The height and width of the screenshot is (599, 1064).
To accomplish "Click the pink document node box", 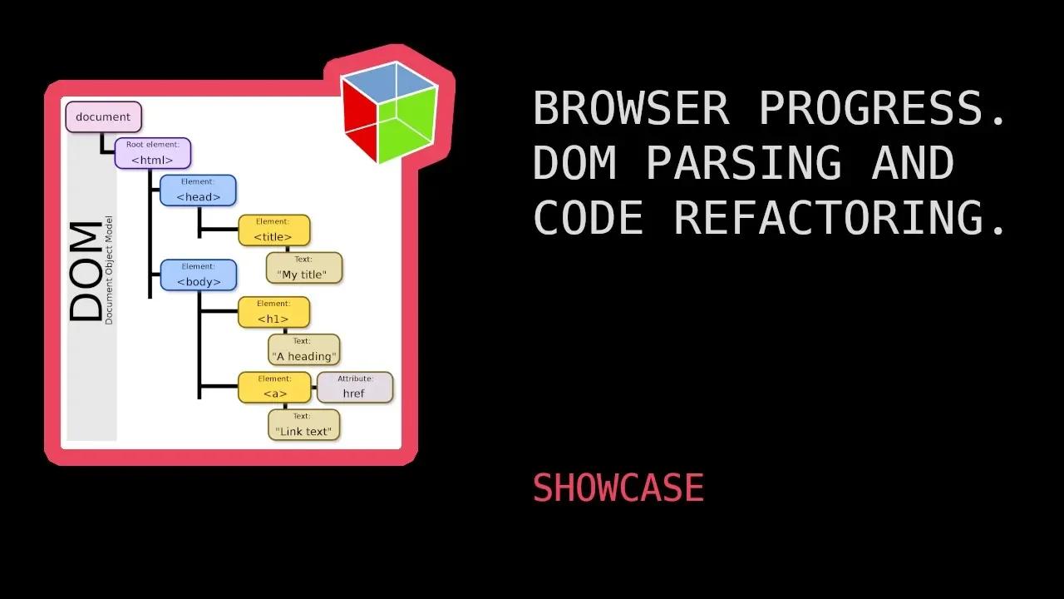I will (103, 116).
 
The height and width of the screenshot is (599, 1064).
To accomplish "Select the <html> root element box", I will (152, 153).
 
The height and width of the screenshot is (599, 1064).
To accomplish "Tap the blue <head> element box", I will (198, 191).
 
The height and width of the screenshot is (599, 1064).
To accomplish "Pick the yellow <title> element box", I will (273, 230).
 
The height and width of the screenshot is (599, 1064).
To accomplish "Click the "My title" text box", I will (303, 268).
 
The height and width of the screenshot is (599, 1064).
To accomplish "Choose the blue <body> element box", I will (198, 275).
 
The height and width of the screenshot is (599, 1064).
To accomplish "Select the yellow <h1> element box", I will (273, 312).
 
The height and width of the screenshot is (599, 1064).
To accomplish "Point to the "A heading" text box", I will (303, 349).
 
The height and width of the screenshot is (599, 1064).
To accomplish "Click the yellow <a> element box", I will (274, 387).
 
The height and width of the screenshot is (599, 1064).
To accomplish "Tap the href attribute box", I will (355, 387).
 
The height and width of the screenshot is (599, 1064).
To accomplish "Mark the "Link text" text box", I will (303, 424).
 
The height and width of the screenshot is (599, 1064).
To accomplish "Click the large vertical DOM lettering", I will (86, 271).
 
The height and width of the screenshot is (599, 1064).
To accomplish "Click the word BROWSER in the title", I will (631, 108).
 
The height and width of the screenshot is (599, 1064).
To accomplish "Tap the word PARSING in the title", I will (743, 163).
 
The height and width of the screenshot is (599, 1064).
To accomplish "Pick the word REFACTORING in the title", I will (840, 218).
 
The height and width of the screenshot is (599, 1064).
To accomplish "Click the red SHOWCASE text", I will (618, 488).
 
